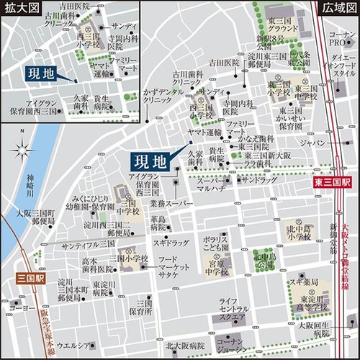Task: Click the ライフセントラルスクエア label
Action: click(235, 309)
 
